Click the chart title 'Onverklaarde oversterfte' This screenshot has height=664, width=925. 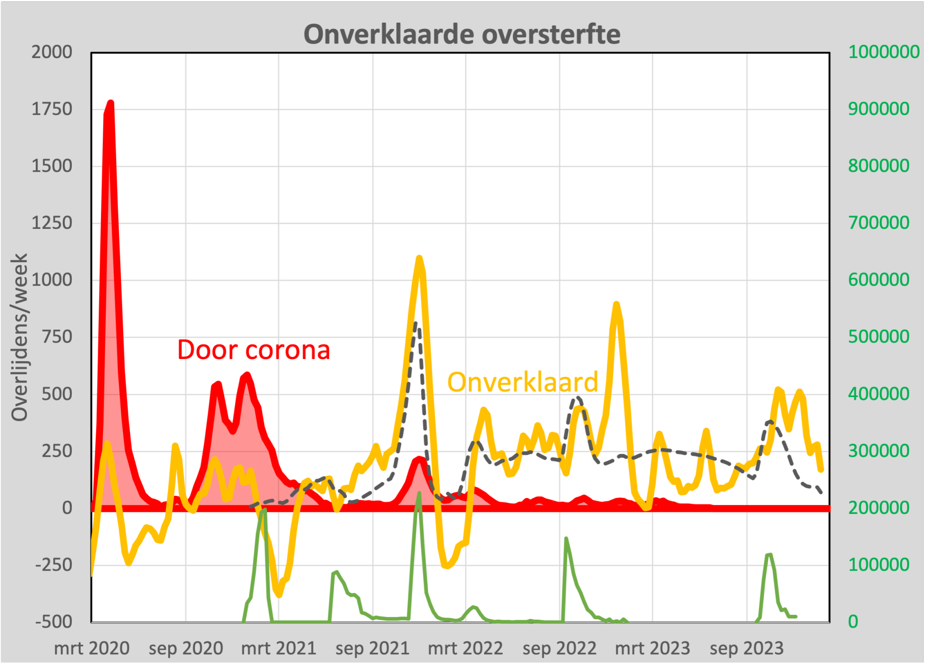click(462, 34)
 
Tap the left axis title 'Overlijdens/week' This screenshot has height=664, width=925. click(20, 337)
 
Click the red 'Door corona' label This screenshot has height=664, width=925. click(254, 350)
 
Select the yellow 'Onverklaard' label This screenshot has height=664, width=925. click(522, 382)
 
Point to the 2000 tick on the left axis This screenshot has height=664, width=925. click(51, 52)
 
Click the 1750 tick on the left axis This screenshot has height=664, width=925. click(51, 109)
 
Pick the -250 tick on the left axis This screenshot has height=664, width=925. click(54, 565)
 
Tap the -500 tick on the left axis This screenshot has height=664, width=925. click(54, 622)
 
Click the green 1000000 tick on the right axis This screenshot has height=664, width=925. click(884, 52)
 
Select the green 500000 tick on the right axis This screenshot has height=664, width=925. click(879, 337)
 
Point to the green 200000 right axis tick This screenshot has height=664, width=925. click(879, 508)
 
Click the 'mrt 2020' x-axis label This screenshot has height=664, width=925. click(92, 649)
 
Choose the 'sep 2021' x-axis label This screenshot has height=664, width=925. click(372, 649)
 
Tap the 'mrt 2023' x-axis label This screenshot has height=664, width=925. click(652, 649)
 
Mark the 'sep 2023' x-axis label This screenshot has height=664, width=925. click(747, 649)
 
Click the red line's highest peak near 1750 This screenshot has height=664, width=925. click(111, 103)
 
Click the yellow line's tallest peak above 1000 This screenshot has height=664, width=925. click(419, 258)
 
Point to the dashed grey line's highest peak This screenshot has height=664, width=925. click(415, 324)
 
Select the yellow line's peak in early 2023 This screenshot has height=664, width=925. click(616, 304)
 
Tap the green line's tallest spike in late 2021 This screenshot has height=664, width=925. click(419, 493)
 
